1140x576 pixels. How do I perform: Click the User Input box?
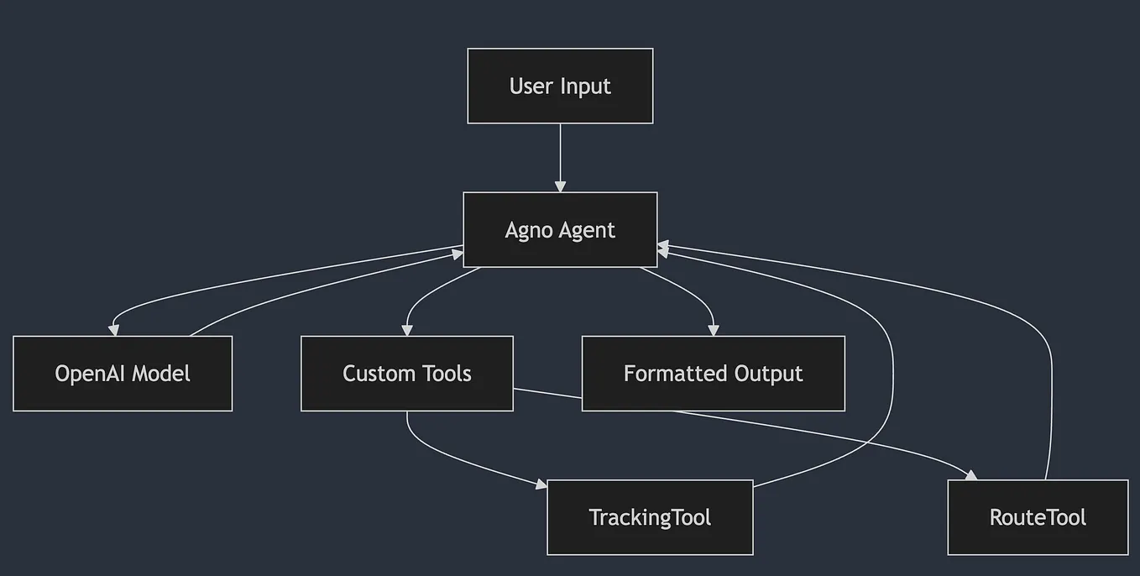pyautogui.click(x=560, y=86)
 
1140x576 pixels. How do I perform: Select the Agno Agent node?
pyautogui.click(x=560, y=230)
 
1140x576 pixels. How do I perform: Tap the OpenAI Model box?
pyautogui.click(x=123, y=374)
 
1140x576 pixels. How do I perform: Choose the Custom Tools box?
pyautogui.click(x=407, y=374)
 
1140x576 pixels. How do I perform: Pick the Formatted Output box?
pyautogui.click(x=714, y=374)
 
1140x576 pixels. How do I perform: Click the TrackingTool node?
pyautogui.click(x=650, y=517)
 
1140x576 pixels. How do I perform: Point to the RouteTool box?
pyautogui.click(x=1038, y=517)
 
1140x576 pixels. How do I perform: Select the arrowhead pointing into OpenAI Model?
pyautogui.click(x=114, y=331)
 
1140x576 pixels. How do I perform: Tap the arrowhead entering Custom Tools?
pyautogui.click(x=407, y=331)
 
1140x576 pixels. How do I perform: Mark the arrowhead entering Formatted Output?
pyautogui.click(x=714, y=331)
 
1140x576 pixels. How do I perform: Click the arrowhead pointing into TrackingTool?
pyautogui.click(x=541, y=484)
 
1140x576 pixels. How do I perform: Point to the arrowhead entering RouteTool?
pyautogui.click(x=971, y=475)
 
